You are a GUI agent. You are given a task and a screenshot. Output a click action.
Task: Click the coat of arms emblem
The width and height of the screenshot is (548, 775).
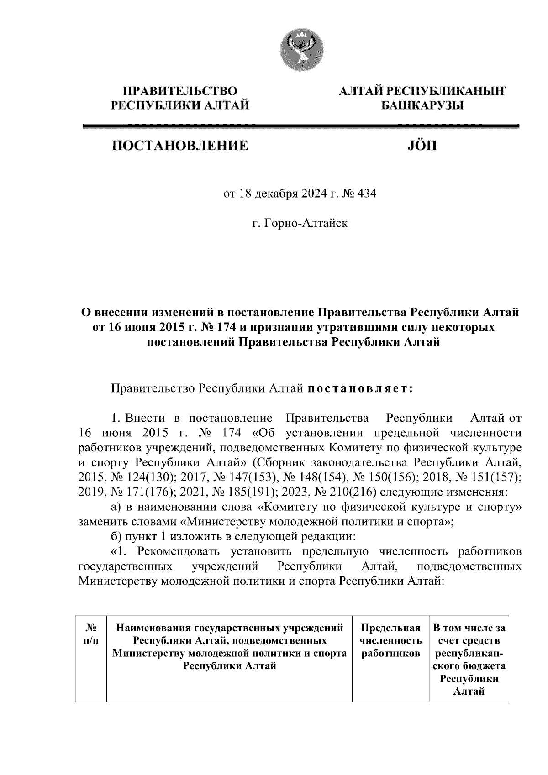click(x=301, y=48)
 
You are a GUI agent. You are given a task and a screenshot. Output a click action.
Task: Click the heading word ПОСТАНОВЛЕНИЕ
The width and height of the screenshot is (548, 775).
click(x=180, y=146)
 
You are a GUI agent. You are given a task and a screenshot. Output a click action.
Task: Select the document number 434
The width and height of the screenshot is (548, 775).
click(x=367, y=194)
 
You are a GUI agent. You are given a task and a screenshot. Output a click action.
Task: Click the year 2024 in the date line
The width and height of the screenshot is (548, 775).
click(x=312, y=194)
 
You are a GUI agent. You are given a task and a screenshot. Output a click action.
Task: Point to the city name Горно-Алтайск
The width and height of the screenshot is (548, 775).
click(x=311, y=224)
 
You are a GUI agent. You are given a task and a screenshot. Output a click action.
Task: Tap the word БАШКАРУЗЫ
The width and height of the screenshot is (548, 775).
click(x=422, y=106)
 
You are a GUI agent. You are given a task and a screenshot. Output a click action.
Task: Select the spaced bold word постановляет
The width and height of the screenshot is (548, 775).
click(x=360, y=388)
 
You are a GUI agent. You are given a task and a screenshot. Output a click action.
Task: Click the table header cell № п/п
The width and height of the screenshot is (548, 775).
click(x=90, y=634)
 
